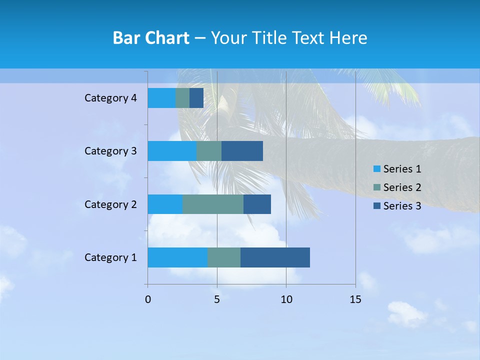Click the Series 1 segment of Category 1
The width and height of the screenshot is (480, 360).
click(177, 257)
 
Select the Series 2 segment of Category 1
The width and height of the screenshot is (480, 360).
click(224, 257)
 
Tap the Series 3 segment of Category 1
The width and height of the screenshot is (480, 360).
click(275, 257)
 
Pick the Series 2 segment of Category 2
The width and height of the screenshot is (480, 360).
click(213, 204)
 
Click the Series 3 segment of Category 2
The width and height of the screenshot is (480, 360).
click(257, 204)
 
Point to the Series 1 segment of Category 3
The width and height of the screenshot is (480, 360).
click(172, 151)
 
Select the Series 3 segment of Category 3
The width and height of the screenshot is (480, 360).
click(242, 151)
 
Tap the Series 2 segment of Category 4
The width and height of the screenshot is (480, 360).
click(182, 98)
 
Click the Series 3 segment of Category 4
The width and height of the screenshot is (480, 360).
click(196, 98)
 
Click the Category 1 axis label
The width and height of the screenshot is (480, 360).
click(110, 257)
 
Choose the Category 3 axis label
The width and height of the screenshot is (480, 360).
click(110, 151)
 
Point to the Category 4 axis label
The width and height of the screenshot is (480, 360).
click(110, 98)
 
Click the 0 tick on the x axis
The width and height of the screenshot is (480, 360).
click(148, 299)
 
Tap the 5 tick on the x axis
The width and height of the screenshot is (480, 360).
click(217, 299)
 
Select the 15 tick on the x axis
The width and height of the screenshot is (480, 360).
click(355, 299)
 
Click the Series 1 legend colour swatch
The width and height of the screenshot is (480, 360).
click(376, 169)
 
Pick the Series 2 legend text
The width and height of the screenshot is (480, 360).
click(402, 187)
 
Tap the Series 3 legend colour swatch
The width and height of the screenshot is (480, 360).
click(376, 206)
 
